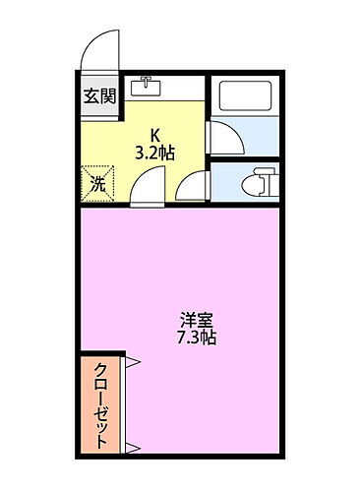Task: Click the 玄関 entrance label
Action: click(x=98, y=95)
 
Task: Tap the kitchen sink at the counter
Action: click(x=147, y=87)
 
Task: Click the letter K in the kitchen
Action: click(x=154, y=137)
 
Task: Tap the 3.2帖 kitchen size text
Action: click(x=155, y=154)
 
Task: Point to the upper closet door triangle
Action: click(x=131, y=362)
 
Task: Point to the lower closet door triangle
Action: click(x=131, y=448)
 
